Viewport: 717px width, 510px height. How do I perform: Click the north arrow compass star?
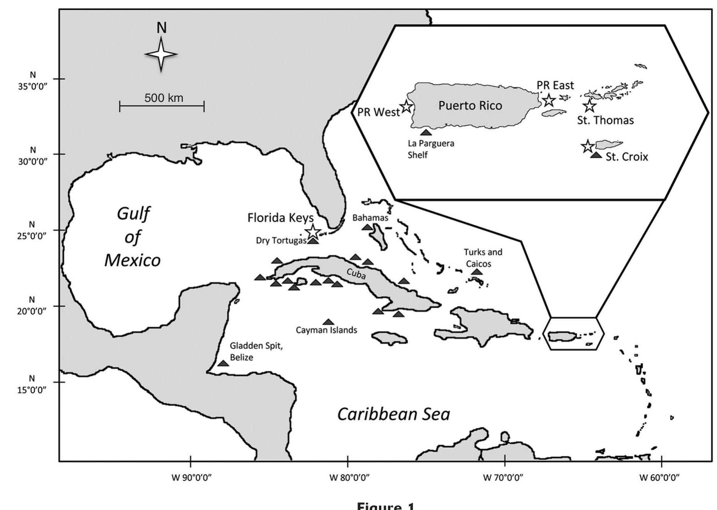(161, 54)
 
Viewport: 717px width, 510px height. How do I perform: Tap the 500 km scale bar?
(162, 106)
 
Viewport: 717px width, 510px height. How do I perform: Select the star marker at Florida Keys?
(313, 231)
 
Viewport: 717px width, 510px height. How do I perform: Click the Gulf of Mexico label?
(133, 237)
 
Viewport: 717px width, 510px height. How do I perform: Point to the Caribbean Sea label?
(394, 414)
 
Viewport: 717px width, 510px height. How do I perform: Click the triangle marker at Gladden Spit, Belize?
(223, 363)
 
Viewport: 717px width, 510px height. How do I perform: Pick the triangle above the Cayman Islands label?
(328, 322)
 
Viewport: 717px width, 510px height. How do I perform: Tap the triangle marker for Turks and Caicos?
(477, 272)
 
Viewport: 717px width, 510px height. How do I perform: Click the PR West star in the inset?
(406, 107)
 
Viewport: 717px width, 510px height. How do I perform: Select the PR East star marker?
(549, 100)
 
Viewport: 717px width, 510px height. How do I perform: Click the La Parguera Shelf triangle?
(426, 132)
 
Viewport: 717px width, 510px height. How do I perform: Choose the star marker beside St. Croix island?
(587, 146)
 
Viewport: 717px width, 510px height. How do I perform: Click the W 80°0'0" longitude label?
(349, 477)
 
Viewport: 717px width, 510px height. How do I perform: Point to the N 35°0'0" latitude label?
(33, 81)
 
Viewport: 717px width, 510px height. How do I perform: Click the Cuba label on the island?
(356, 274)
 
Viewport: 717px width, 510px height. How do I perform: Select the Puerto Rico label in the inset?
(470, 106)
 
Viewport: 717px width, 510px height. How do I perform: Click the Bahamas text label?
(370, 218)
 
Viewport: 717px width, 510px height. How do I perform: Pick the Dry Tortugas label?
(281, 240)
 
